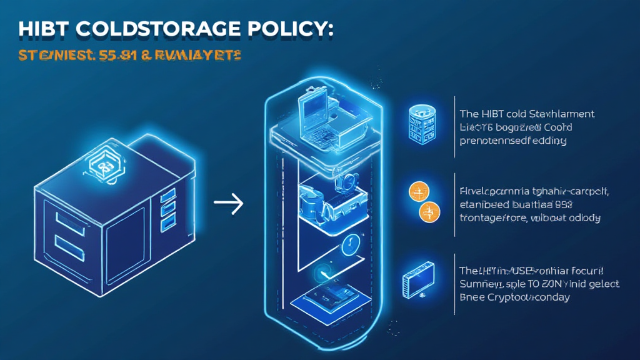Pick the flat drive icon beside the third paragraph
[416, 280]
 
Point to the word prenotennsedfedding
[512, 141]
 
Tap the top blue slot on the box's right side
[167, 198]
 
